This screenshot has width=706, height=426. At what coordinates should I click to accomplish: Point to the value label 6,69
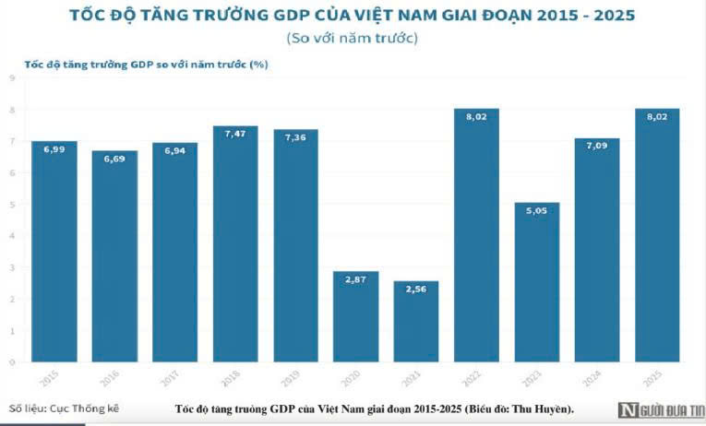(114, 159)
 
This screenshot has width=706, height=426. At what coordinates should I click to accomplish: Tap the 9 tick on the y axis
(11, 78)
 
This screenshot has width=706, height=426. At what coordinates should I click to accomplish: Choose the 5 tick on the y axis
(11, 205)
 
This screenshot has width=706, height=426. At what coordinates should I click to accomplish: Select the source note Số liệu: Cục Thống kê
(64, 407)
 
